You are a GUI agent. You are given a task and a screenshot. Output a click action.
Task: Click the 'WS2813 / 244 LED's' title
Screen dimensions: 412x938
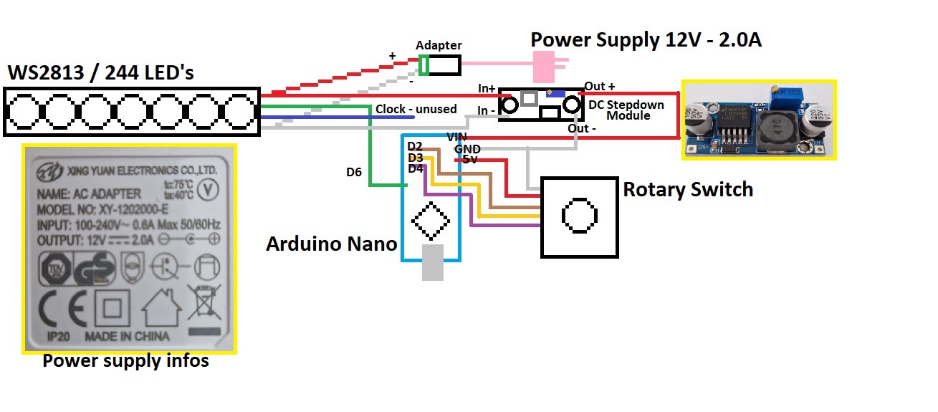click(x=100, y=73)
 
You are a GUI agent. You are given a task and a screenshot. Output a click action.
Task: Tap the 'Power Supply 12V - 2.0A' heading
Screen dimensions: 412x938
click(x=645, y=40)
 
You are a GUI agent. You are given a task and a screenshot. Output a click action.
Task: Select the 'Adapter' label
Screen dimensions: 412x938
click(x=439, y=45)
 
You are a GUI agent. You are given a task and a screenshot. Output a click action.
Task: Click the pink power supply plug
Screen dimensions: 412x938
click(x=548, y=66)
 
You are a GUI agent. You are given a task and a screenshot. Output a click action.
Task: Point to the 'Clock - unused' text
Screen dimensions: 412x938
click(x=416, y=110)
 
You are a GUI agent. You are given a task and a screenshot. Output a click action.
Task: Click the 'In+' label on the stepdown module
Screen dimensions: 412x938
click(x=487, y=88)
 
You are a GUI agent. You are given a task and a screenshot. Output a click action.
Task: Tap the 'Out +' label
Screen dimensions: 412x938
click(x=600, y=87)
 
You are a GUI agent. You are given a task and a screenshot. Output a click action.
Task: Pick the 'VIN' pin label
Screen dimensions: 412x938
click(x=457, y=137)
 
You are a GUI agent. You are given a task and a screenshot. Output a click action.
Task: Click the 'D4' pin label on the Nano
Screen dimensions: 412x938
click(x=415, y=169)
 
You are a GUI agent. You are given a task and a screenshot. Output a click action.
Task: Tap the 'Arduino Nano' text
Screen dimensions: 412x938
click(x=331, y=244)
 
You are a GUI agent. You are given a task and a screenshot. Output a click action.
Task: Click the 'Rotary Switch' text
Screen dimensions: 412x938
click(x=688, y=190)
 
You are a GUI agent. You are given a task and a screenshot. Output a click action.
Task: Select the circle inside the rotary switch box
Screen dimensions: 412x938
click(x=579, y=216)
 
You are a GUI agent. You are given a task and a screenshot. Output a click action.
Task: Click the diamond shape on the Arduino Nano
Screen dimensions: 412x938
click(x=431, y=221)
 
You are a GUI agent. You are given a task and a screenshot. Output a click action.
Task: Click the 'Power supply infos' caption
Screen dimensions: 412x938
click(x=125, y=360)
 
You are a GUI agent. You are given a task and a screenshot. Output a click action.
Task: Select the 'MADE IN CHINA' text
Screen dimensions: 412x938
click(x=127, y=336)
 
